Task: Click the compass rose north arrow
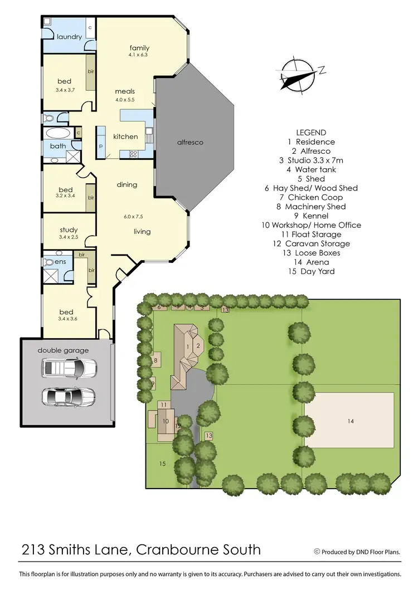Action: click(x=299, y=75)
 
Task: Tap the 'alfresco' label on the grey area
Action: click(x=191, y=142)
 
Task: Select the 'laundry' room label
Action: click(x=69, y=37)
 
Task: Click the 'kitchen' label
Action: click(x=125, y=136)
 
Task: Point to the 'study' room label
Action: click(x=68, y=230)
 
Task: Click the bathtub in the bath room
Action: click(x=58, y=134)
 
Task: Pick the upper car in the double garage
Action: click(x=69, y=368)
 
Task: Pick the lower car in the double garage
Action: click(x=69, y=397)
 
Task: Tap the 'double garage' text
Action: click(x=63, y=350)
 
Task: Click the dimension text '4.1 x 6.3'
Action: click(x=139, y=55)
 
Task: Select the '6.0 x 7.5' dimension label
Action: click(x=133, y=216)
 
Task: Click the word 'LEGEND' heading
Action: click(x=311, y=133)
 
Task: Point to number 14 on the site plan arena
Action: click(x=350, y=421)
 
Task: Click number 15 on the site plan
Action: click(x=162, y=464)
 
